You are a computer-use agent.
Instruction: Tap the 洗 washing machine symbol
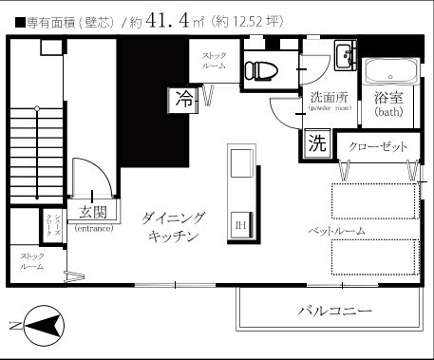[315, 145]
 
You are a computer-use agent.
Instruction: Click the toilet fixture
[257, 69]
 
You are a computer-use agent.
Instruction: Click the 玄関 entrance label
[92, 213]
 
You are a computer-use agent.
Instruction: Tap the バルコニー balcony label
[333, 311]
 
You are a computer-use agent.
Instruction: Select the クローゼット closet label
[377, 147]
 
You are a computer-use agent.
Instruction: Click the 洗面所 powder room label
[330, 97]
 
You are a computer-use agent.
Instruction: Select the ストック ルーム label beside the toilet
[213, 60]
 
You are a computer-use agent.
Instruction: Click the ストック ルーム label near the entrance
[32, 261]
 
